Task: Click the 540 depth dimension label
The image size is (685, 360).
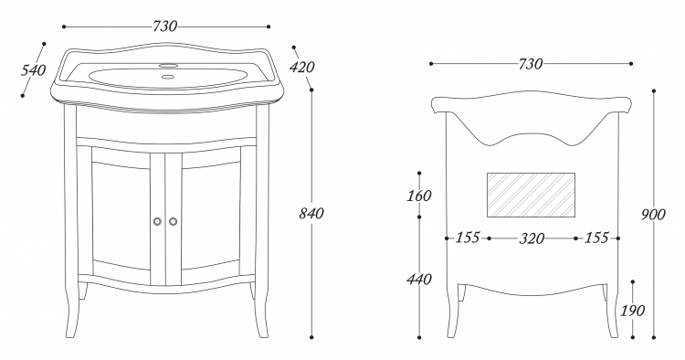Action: click(x=33, y=70)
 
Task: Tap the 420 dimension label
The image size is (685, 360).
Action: click(x=302, y=68)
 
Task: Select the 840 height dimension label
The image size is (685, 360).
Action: click(x=311, y=214)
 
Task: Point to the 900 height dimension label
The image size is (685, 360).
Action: click(x=653, y=215)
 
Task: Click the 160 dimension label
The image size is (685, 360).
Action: click(x=419, y=196)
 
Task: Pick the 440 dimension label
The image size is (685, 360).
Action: click(x=419, y=279)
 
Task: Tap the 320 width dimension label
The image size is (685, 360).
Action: click(x=532, y=238)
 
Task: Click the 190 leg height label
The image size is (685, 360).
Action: click(x=633, y=311)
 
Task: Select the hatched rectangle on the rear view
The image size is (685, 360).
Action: click(x=531, y=195)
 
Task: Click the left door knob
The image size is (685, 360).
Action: click(x=158, y=221)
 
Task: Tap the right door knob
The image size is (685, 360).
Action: click(x=174, y=221)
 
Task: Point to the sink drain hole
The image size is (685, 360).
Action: click(x=167, y=77)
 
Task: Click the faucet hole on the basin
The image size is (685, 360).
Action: click(x=168, y=66)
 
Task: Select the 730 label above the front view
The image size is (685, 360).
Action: click(x=165, y=26)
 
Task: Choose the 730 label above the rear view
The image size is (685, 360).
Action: click(x=531, y=64)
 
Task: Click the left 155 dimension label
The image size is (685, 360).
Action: click(x=468, y=238)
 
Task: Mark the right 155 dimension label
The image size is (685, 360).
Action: click(x=596, y=238)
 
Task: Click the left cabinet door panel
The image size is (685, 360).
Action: click(x=121, y=214)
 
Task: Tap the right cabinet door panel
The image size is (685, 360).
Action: click(x=211, y=214)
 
